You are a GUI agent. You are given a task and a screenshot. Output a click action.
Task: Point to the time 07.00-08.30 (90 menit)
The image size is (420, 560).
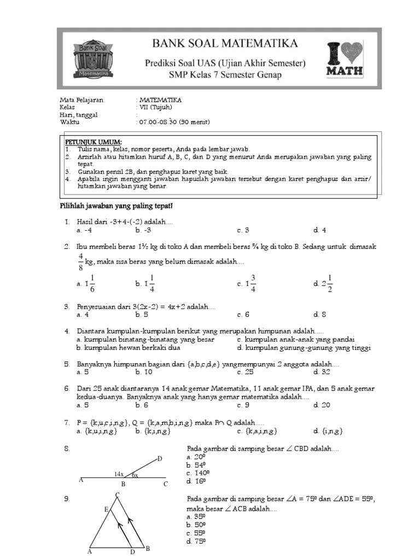(174, 122)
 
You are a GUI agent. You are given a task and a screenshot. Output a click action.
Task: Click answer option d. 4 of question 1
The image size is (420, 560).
(320, 230)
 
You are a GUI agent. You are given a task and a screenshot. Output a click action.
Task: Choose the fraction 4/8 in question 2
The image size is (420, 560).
(80, 262)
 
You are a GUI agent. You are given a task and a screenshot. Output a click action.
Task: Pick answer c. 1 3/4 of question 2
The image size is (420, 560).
(247, 283)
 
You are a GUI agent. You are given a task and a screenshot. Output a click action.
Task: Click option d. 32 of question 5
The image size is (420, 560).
(322, 372)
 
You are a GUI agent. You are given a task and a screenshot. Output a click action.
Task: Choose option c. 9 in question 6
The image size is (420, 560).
(243, 405)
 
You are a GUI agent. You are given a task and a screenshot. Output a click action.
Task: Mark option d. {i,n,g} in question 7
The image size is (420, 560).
(328, 431)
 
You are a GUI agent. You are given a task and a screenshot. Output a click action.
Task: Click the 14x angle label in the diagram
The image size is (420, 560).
(119, 474)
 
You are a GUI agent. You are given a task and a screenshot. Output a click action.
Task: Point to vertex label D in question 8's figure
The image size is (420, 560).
(160, 458)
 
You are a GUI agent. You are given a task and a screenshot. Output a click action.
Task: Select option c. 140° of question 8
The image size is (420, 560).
(198, 473)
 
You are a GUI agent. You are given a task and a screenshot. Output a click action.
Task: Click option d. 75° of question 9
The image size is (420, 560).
(196, 541)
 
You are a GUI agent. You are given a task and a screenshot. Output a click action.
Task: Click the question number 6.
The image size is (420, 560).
(67, 389)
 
